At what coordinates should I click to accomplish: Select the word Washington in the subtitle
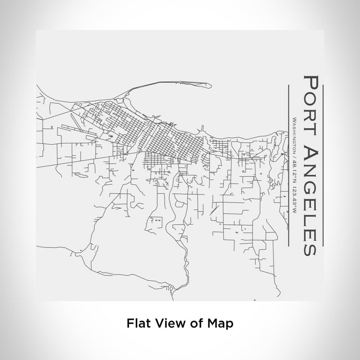294,138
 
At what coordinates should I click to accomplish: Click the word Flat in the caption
136,323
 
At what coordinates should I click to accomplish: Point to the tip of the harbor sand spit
209,85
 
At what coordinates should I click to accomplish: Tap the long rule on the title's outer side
322,165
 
